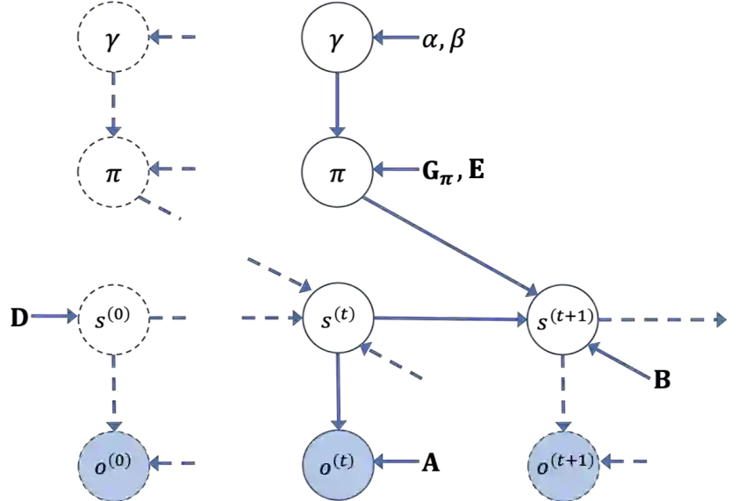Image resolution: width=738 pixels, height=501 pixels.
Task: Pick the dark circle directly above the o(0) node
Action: coord(114,318)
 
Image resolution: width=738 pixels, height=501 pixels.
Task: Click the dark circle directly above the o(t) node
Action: coord(338,318)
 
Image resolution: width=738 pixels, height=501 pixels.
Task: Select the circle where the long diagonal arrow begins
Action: coord(338,169)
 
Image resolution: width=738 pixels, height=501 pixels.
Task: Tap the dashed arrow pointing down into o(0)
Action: coord(114,390)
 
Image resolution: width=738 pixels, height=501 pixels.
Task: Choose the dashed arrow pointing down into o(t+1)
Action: coord(562,390)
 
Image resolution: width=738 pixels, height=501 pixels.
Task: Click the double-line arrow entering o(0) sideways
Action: coord(174,462)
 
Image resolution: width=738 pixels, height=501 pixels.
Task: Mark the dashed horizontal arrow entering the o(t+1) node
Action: coord(625,461)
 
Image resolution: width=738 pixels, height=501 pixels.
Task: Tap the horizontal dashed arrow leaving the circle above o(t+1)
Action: coord(663,319)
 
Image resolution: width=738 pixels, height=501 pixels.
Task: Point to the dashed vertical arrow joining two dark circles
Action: coord(114,104)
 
